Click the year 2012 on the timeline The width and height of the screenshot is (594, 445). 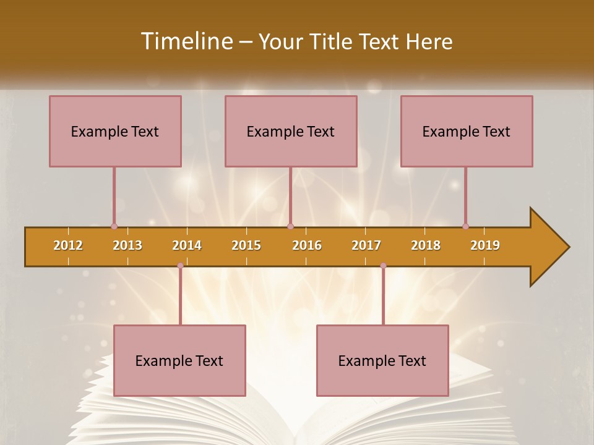[x=68, y=245]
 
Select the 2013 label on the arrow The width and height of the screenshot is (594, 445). [x=127, y=245]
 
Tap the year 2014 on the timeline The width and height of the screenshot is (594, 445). [x=187, y=245]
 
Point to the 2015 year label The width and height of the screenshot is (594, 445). [x=246, y=245]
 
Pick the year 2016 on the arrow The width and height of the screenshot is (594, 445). [x=307, y=245]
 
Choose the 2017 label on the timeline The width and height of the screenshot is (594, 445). [x=366, y=245]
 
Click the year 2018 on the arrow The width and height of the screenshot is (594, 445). [x=426, y=245]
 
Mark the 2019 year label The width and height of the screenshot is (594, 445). [x=485, y=245]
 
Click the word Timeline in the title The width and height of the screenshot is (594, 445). [x=186, y=41]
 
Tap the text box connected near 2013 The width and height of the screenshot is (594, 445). [x=115, y=131]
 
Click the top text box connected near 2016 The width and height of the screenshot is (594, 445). [x=291, y=131]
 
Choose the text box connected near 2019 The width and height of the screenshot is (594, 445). [x=467, y=131]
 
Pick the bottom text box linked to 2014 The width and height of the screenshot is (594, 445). [x=179, y=360]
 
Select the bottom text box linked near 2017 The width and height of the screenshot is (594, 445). [x=382, y=360]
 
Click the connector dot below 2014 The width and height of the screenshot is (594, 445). [x=180, y=266]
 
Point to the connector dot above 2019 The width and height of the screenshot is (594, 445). [x=465, y=226]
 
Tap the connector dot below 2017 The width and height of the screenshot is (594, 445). [x=383, y=266]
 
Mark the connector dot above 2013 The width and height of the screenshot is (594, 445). [x=114, y=226]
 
